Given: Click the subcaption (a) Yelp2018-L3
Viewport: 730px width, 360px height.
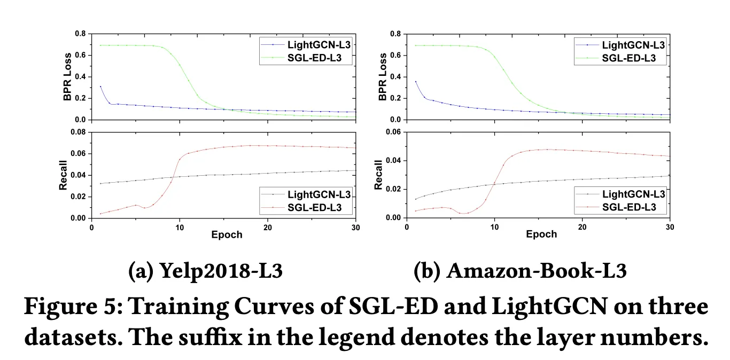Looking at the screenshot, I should point(205,271).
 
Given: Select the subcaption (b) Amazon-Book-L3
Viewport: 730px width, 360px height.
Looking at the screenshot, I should point(520,271).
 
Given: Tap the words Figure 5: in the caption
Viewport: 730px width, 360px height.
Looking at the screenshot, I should point(71,307).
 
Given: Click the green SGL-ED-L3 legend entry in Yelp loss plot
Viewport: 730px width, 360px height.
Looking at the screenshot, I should point(320,58).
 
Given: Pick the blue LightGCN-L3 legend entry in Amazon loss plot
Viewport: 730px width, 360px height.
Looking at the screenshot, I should point(633,45).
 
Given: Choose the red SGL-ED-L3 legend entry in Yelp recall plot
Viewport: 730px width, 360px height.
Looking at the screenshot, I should point(320,207).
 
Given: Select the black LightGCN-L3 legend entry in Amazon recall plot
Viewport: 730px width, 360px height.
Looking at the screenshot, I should point(633,194).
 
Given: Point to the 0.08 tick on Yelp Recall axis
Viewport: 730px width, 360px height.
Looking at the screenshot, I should point(77,132).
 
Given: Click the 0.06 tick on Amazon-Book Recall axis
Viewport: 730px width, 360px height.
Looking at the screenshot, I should point(392,132).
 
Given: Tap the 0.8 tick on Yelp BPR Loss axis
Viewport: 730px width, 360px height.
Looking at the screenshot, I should point(80,34).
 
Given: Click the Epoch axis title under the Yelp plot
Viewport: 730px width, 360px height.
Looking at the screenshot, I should point(227,234).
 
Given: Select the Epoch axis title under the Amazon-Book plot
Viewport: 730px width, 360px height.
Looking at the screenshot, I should point(541,234).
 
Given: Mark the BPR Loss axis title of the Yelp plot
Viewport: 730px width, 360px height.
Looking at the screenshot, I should point(67,77).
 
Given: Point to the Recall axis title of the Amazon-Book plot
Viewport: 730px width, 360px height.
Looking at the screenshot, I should point(379,175).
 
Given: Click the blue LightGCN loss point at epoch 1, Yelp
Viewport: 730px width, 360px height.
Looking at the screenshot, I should point(100,87).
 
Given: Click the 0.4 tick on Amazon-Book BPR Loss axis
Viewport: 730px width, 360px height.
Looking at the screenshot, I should point(395,77).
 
